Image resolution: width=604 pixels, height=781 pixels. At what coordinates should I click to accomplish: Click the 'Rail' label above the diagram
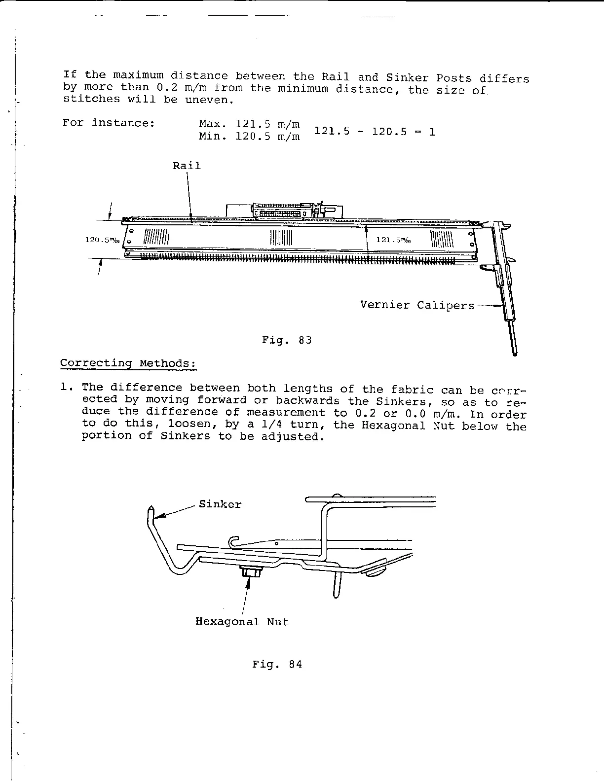coord(187,166)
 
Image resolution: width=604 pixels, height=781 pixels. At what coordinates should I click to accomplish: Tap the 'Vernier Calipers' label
coord(416,305)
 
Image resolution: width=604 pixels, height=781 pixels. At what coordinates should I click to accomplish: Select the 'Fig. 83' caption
coord(287,340)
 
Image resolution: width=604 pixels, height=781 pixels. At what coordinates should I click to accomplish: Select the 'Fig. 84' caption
coord(277,664)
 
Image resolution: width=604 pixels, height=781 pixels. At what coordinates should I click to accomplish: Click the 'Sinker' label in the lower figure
coord(220,504)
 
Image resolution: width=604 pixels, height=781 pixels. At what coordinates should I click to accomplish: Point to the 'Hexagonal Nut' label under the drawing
coord(242,622)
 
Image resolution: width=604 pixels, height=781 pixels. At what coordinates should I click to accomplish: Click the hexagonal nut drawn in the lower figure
coord(251,573)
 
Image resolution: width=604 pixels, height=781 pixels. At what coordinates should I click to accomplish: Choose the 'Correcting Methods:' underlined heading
coord(128,363)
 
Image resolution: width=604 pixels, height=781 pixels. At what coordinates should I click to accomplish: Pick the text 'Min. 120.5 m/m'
coord(249,136)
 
